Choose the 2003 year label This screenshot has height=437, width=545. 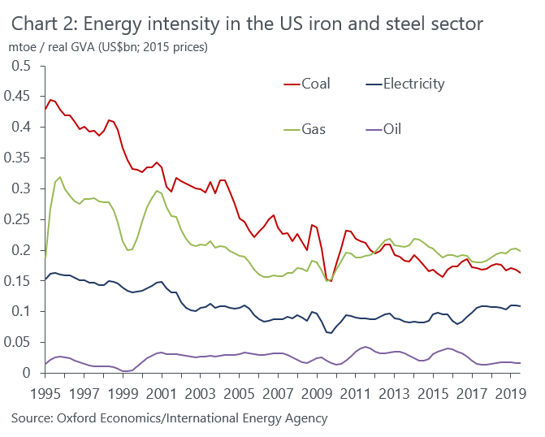[201, 394]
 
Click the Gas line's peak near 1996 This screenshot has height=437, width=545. [60, 177]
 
